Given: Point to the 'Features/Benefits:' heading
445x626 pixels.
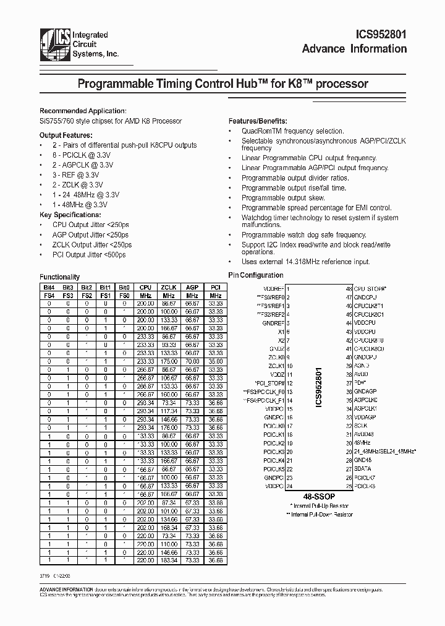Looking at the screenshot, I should (258, 121).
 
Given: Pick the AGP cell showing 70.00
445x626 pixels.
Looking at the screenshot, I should (192, 361).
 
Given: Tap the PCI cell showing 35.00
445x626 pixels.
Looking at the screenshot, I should (214, 361).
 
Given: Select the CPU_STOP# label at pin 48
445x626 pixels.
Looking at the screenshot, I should (369, 289).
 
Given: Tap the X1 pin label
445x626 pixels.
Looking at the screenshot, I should (281, 332).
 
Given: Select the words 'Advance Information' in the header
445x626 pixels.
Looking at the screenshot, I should (354, 49).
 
